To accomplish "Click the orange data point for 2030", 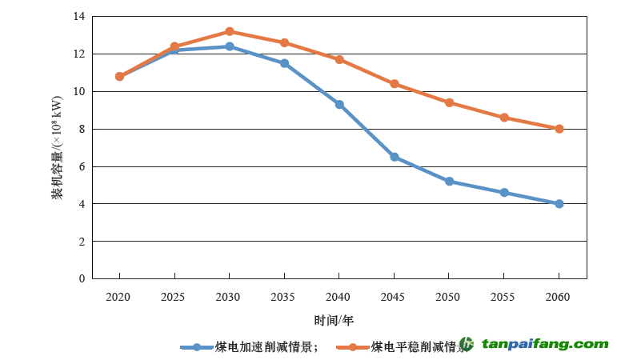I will tap(229, 31).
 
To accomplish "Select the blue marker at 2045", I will tap(395, 157).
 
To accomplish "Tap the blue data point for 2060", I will tap(559, 203).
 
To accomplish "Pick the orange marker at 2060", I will tap(559, 129).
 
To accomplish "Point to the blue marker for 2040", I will tap(339, 104).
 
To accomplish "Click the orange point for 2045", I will tap(395, 84).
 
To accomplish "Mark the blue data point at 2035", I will tap(284, 63).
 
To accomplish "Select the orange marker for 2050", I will tap(449, 102).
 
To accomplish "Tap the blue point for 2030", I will tap(229, 46).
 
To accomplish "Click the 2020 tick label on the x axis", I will tap(118, 297).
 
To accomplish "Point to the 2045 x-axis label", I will tap(395, 297).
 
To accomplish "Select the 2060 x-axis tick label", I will tap(559, 297).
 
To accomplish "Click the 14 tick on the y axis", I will tap(78, 17).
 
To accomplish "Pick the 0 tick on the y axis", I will tap(82, 278).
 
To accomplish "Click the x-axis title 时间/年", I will tap(334, 320).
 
